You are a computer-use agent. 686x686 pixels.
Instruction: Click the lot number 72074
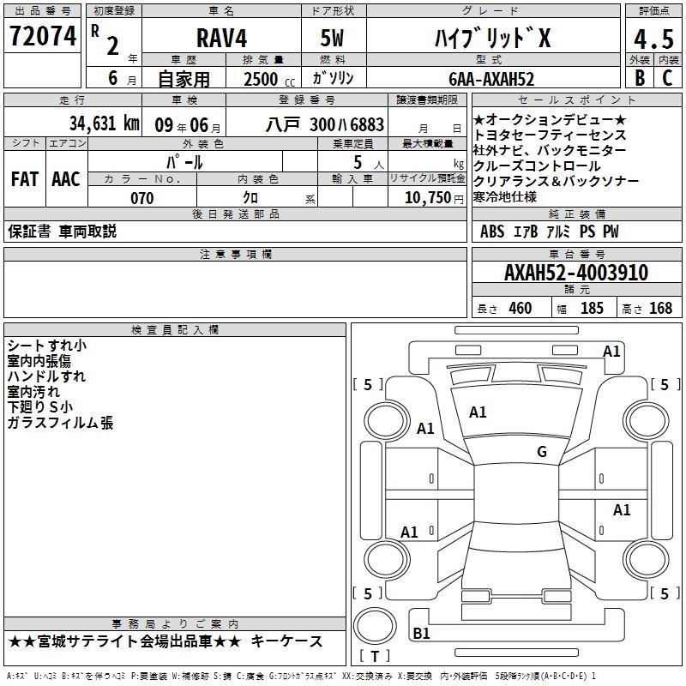(x=43, y=36)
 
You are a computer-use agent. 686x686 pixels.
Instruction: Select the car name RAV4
(x=221, y=38)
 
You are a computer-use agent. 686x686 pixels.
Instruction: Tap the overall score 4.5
(x=653, y=39)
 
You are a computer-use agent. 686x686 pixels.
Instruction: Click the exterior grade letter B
(x=640, y=77)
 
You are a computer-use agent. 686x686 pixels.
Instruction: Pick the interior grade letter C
(x=667, y=77)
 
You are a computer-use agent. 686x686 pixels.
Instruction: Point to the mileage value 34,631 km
(x=105, y=123)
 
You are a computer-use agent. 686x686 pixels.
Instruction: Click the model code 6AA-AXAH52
(x=491, y=79)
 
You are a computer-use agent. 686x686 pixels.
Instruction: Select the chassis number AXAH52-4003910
(x=575, y=272)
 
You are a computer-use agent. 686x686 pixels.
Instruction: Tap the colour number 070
(x=141, y=198)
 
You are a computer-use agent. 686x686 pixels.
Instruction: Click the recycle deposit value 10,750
(x=428, y=198)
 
